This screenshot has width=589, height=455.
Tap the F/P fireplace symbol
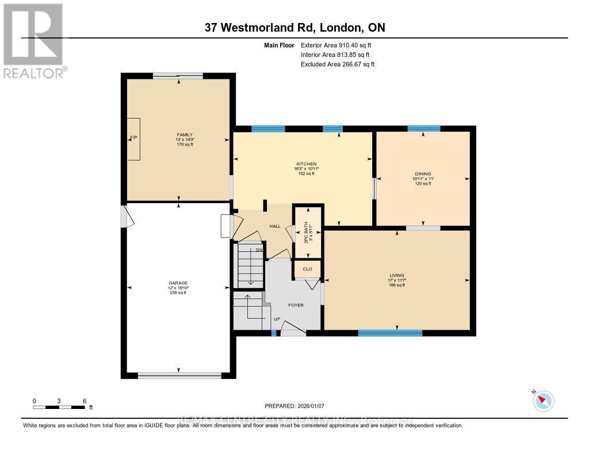pos(133,139)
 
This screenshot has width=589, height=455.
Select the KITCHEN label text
pos(305,164)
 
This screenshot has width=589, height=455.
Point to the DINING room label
pos(423,174)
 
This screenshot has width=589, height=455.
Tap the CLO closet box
pos(307,269)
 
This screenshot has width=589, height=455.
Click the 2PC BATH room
pos(308,232)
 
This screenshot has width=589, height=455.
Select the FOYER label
pos(296,305)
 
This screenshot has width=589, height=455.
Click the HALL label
pos(275,226)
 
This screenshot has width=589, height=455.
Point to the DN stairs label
pos(259,250)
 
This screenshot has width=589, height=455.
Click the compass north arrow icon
pos(543,400)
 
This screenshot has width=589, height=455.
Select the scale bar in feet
pos(59,407)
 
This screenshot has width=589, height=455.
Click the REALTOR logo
pos(33,40)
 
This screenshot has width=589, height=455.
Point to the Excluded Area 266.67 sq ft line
pos(338,64)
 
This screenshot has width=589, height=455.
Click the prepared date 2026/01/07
pos(294,405)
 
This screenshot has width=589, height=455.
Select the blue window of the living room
pos(390,332)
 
